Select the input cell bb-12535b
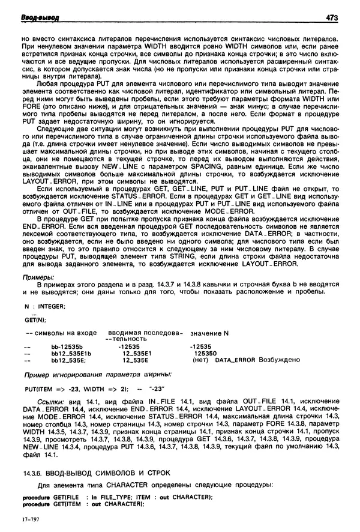click(x=67, y=346)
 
